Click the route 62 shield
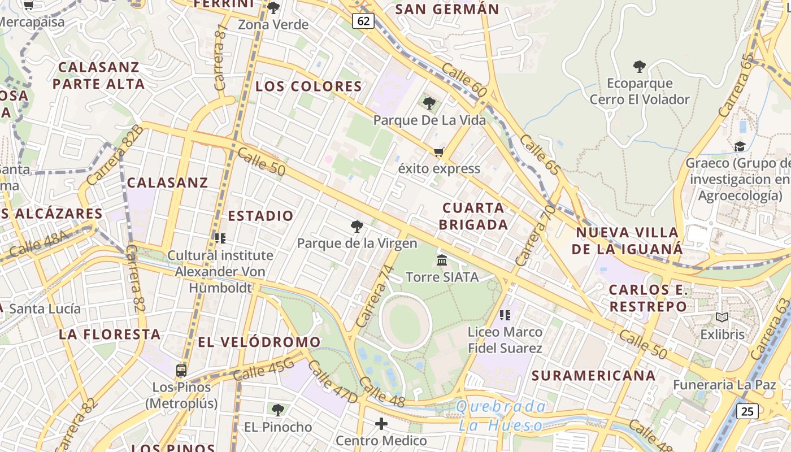point(364,21)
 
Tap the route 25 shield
point(747,411)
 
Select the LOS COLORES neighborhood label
point(308,86)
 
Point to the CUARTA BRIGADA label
point(473,216)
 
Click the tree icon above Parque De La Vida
point(429,103)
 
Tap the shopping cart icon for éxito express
point(438,152)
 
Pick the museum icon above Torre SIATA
point(442,260)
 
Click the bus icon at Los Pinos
point(181,371)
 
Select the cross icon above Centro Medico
point(381,424)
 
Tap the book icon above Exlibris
point(722,318)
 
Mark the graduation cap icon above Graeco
point(740,147)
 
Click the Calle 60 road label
point(464,79)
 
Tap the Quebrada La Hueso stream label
point(501,416)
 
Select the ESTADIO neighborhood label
point(260,216)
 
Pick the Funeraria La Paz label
point(724,385)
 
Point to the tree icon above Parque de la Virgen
point(357,227)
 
